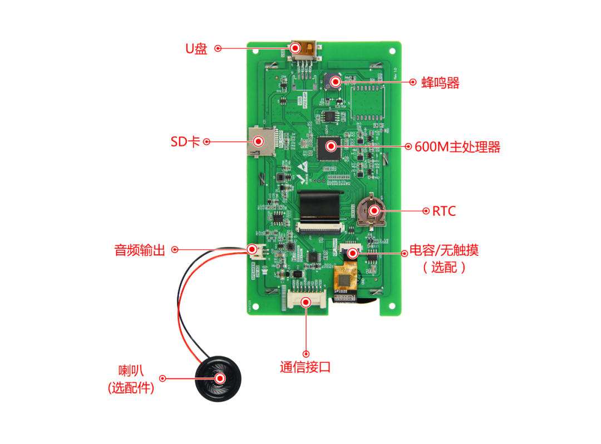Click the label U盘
click(196, 48)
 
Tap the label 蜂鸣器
click(440, 83)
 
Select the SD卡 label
click(185, 142)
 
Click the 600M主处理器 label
click(457, 147)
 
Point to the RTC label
click(444, 211)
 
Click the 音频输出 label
click(140, 250)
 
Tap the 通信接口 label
click(306, 367)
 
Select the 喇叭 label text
click(131, 371)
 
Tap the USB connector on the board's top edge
click(304, 50)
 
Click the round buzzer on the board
click(334, 82)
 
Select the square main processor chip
click(331, 147)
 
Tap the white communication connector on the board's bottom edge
click(306, 301)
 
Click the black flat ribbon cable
click(319, 206)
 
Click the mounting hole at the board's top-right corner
click(393, 49)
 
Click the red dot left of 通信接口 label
click(306, 353)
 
